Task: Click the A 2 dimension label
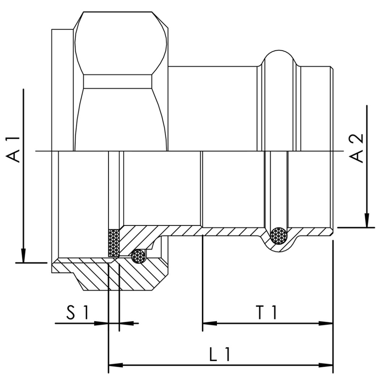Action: coord(357,148)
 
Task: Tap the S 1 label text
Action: coord(76,313)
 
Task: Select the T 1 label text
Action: coord(267,313)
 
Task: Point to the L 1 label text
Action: coord(220,355)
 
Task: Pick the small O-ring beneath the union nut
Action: coord(139,256)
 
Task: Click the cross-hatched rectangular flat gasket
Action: coord(114,243)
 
